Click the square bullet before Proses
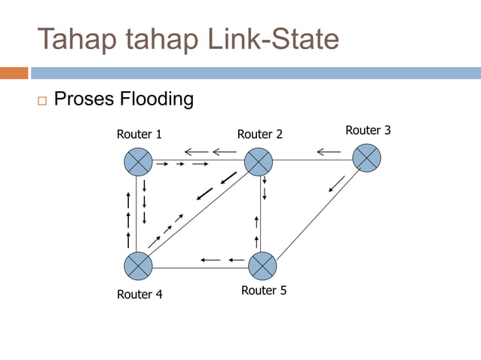[41, 100]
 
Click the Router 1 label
[139, 135]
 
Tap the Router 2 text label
[260, 134]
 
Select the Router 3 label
[368, 130]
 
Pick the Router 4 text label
[139, 294]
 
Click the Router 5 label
[264, 290]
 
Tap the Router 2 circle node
[258, 161]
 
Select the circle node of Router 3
[366, 157]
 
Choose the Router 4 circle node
[138, 265]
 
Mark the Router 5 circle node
[262, 265]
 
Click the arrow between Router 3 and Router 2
[328, 152]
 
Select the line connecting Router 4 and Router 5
[200, 267]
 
